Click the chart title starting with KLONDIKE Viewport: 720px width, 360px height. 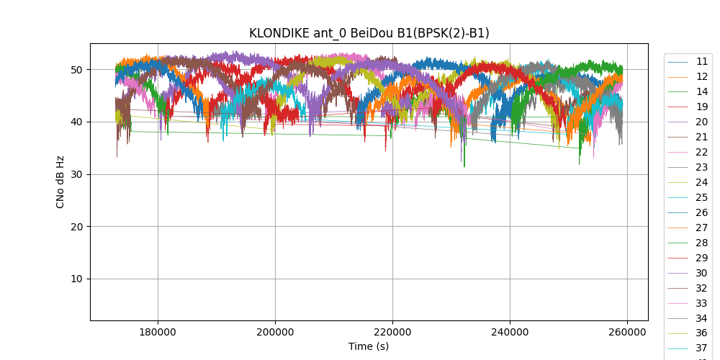369,33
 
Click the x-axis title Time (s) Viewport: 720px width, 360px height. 369,346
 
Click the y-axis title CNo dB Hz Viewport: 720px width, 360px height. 60,182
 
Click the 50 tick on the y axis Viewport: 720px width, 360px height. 76,70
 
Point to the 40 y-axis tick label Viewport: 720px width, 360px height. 76,122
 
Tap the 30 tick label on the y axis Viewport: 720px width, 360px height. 76,174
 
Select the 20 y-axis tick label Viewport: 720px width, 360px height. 76,227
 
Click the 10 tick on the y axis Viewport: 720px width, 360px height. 76,279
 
